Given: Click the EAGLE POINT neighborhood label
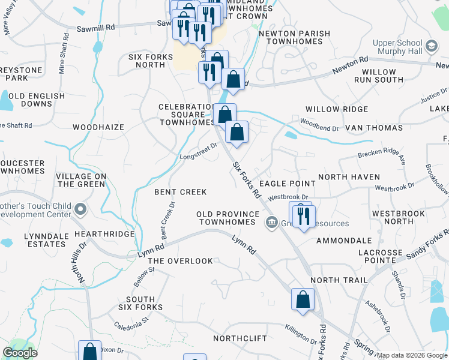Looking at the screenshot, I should click(x=287, y=184).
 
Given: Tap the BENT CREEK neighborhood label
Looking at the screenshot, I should click(x=181, y=192).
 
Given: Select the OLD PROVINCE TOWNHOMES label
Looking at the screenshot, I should click(x=228, y=218).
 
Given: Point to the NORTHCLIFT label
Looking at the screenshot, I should click(x=240, y=338).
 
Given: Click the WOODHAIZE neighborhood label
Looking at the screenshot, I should click(x=98, y=127).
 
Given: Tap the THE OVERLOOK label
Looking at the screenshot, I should click(x=180, y=261).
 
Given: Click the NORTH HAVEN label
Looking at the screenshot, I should click(x=349, y=177).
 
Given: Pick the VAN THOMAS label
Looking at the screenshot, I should click(x=373, y=128).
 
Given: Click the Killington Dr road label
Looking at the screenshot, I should click(x=301, y=336).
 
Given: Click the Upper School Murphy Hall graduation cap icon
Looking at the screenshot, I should click(x=431, y=47).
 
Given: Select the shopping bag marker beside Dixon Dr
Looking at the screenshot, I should click(x=90, y=351).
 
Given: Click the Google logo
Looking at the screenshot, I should click(x=20, y=353).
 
